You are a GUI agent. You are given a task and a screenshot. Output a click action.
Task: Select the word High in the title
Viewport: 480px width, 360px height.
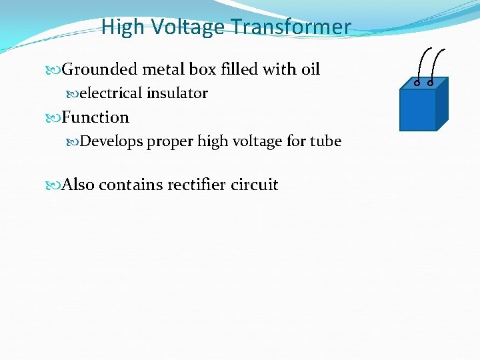(123, 27)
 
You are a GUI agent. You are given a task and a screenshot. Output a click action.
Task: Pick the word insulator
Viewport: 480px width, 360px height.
(177, 93)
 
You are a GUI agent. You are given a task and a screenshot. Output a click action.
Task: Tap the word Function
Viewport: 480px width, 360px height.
(95, 117)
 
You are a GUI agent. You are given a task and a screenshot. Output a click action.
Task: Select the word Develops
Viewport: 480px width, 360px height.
(111, 141)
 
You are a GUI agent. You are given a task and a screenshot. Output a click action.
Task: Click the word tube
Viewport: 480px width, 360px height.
(326, 141)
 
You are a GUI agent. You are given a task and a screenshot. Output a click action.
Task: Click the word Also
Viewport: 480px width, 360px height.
(78, 185)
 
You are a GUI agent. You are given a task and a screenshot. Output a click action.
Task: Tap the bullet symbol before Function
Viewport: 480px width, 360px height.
(55, 118)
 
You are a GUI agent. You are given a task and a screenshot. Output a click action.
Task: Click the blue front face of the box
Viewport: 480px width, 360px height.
(417, 109)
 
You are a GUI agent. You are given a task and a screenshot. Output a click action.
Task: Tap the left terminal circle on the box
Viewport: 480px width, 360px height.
(417, 83)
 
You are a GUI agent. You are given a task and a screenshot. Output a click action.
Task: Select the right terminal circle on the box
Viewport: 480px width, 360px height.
(431, 83)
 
